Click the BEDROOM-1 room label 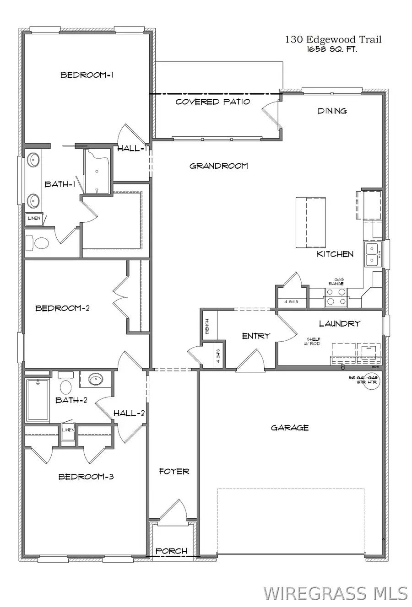(x=87, y=75)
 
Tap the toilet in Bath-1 (x=38, y=243)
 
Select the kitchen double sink (x=372, y=255)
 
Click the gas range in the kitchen (x=336, y=297)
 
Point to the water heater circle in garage (x=371, y=381)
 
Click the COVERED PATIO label (x=213, y=102)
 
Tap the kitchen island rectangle (x=310, y=222)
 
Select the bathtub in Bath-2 (x=37, y=399)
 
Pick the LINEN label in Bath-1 (x=34, y=219)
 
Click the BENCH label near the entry (x=207, y=326)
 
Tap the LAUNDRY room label (x=340, y=323)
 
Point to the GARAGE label (x=290, y=428)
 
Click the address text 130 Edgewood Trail (x=333, y=40)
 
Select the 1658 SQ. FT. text (x=332, y=49)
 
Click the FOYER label (x=174, y=471)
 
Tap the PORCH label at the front (x=172, y=551)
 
